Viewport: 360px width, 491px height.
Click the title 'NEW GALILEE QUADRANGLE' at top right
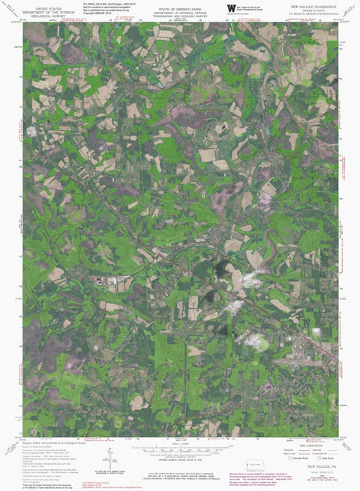pyautogui.click(x=314, y=5)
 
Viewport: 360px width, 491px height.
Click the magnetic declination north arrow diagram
pyautogui.click(x=110, y=457)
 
